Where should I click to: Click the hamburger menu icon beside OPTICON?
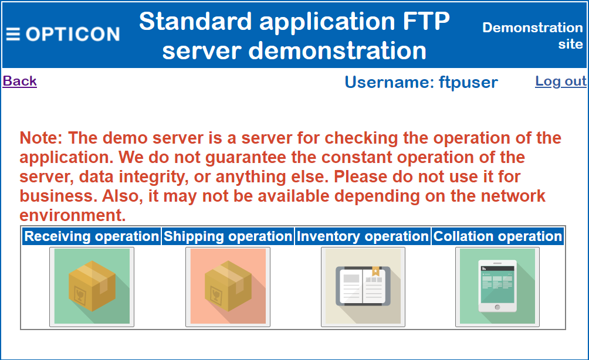[x=13, y=34]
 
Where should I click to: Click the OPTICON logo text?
[x=73, y=34]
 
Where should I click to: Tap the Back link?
[x=19, y=81]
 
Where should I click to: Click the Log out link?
[x=560, y=81]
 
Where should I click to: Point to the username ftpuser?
[x=468, y=82]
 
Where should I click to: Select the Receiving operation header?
[x=92, y=236]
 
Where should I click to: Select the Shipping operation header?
[x=228, y=236]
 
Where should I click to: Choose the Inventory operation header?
[x=363, y=236]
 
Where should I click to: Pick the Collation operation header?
[x=497, y=236]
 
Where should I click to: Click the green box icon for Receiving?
[x=92, y=287]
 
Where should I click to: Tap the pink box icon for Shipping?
[x=228, y=287]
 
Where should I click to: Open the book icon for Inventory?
[x=363, y=287]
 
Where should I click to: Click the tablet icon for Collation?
[x=497, y=287]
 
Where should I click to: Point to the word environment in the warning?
[x=73, y=216]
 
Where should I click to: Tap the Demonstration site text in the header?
[x=533, y=36]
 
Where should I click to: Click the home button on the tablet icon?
[x=497, y=307]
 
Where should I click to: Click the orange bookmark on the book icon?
[x=375, y=271]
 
